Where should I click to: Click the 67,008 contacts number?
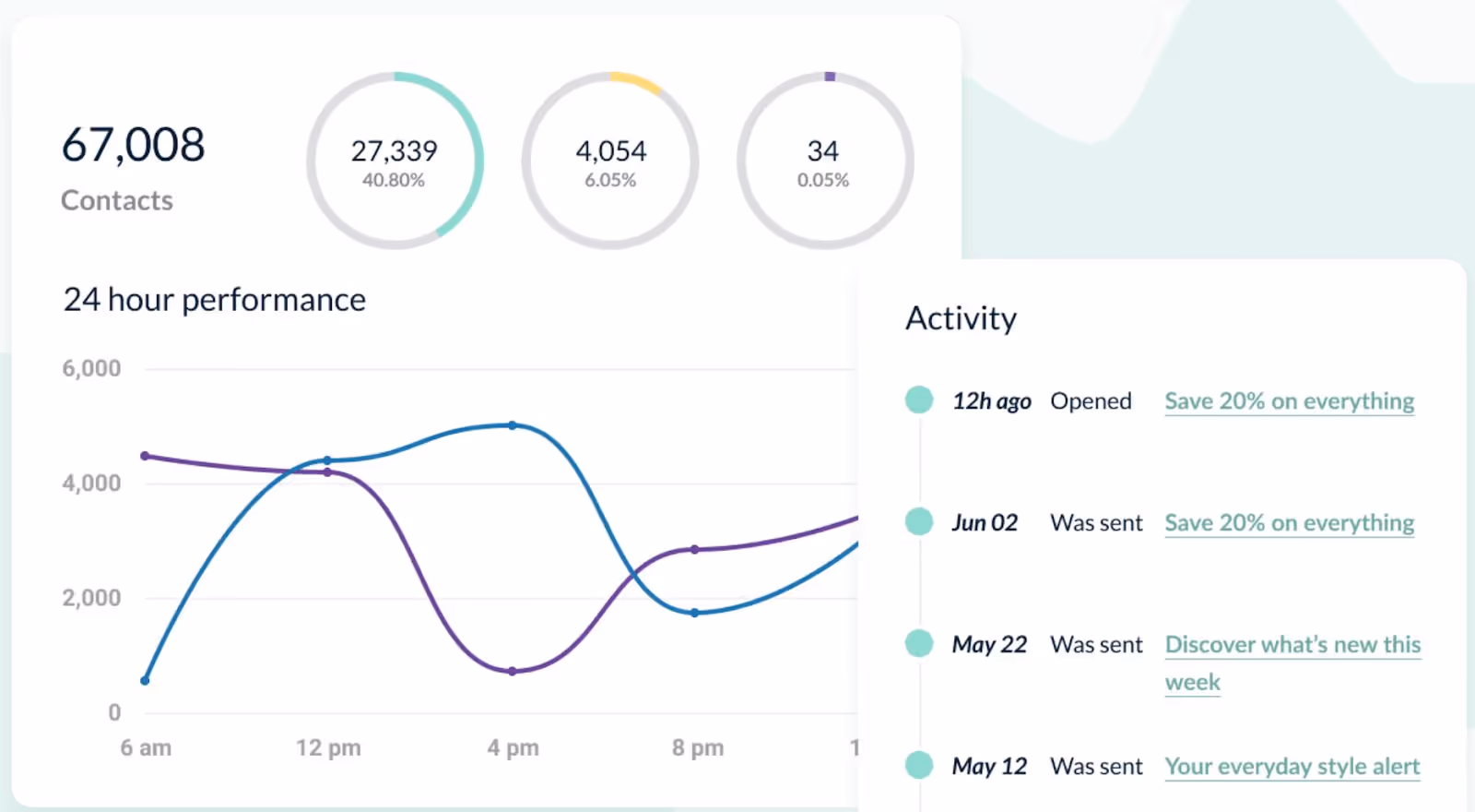[x=133, y=145]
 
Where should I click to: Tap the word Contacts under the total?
[x=117, y=200]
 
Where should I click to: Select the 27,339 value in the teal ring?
[x=394, y=150]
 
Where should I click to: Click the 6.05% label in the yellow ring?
[x=609, y=180]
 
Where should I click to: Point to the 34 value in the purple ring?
[x=822, y=150]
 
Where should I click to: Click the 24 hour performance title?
[x=214, y=300]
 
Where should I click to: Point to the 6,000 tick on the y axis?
[x=91, y=368]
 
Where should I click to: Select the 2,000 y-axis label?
[x=91, y=598]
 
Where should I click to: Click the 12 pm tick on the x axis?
[x=328, y=747]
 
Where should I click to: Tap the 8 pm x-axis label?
[x=697, y=747]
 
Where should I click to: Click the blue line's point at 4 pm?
[x=513, y=425]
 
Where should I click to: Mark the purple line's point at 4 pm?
[x=513, y=671]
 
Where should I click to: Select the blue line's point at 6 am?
[x=145, y=681]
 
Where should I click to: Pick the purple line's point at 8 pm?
[x=695, y=549]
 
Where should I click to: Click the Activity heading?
[x=961, y=318]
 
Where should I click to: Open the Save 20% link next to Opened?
[x=1289, y=401]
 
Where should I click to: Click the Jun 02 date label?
[x=985, y=523]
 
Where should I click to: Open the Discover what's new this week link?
[x=1292, y=645]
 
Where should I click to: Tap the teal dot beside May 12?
[x=919, y=765]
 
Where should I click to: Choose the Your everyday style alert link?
[x=1292, y=767]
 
